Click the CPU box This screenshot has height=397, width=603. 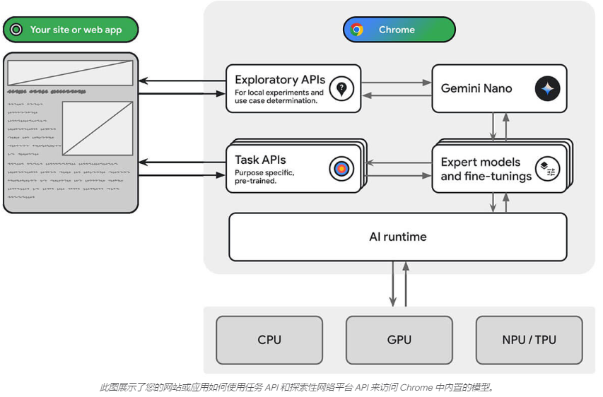[x=269, y=340]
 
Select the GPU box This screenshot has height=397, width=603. [x=399, y=340]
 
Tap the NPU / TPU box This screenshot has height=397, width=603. [x=529, y=340]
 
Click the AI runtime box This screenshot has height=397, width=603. [x=397, y=237]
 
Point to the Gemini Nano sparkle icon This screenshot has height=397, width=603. [x=547, y=89]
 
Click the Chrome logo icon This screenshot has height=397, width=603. [x=357, y=30]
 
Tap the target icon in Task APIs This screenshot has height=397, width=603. [x=341, y=169]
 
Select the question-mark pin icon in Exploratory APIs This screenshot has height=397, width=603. [x=341, y=88]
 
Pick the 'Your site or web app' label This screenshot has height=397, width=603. [x=76, y=30]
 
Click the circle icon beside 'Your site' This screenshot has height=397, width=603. [x=16, y=30]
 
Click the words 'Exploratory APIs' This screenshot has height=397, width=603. [x=280, y=80]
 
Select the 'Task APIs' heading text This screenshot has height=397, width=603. [x=260, y=160]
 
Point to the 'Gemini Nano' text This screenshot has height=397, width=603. [x=476, y=88]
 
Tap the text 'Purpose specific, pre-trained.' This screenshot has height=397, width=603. [x=264, y=177]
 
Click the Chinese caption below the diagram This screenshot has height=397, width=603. [x=300, y=386]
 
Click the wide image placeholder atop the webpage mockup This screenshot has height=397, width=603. [x=70, y=73]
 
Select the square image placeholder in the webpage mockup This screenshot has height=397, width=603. [x=98, y=129]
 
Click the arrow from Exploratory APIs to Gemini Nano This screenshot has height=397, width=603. [x=396, y=83]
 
